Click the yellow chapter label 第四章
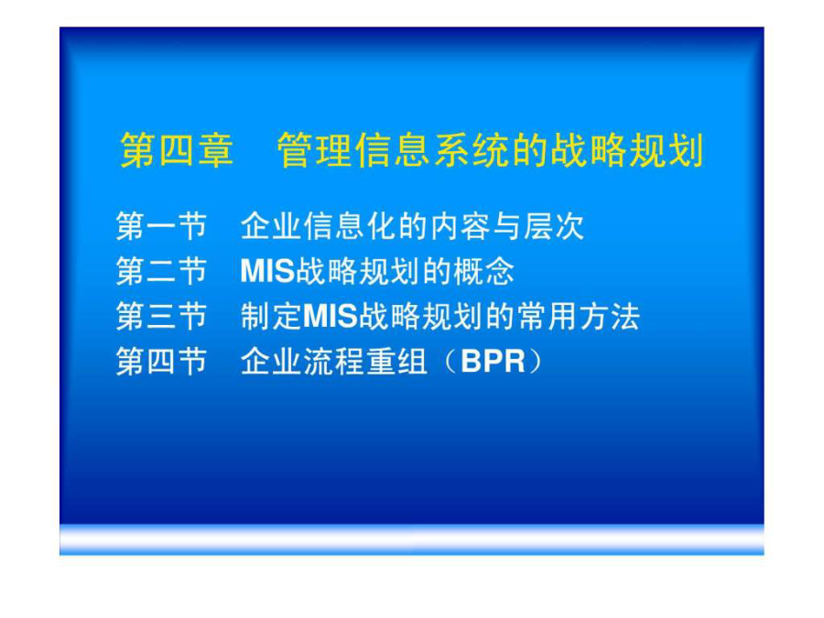point(177,150)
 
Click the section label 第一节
point(161,226)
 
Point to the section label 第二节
point(161,271)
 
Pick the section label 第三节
point(161,317)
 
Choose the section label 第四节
point(161,362)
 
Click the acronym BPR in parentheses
point(493,362)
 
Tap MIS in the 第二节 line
point(267,271)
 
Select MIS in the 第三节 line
point(331,317)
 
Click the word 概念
point(483,271)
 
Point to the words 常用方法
point(578,317)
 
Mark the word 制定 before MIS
point(271,317)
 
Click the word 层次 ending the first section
point(554,226)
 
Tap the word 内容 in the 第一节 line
point(461,226)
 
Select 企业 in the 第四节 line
point(271,362)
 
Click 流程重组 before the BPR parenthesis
point(365,362)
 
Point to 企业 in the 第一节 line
point(271,226)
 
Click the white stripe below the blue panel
point(411,539)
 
